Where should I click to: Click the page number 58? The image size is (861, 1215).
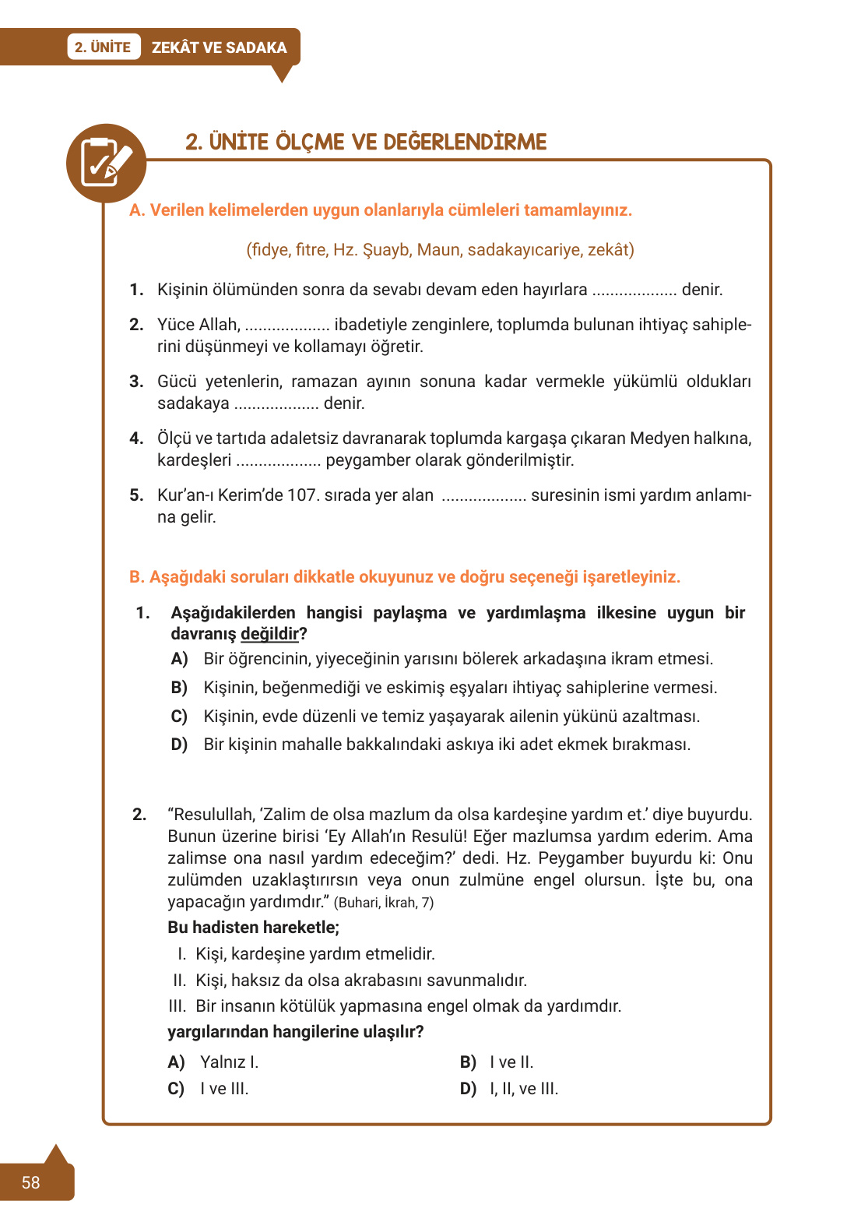click(x=30, y=1182)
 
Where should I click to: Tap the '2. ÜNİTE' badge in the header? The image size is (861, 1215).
click(x=103, y=48)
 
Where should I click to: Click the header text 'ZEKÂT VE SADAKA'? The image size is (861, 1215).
click(x=219, y=48)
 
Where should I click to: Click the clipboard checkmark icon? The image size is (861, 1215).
click(x=106, y=163)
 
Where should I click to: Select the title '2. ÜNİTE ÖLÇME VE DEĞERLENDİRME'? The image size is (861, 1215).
click(x=366, y=142)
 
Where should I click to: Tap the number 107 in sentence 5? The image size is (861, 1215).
click(x=302, y=495)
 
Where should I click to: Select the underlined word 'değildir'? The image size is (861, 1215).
click(x=269, y=634)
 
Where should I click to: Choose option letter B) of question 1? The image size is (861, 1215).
click(x=179, y=688)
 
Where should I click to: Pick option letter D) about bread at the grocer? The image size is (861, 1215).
click(x=179, y=745)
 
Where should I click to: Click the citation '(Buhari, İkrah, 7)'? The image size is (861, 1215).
click(x=384, y=903)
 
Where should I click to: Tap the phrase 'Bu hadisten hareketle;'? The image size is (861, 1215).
click(x=253, y=928)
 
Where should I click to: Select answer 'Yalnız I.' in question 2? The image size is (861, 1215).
click(x=229, y=1062)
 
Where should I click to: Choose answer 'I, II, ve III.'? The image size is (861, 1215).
click(x=523, y=1089)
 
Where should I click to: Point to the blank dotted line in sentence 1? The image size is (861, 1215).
click(x=634, y=291)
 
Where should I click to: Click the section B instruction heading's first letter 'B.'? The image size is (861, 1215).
click(x=137, y=577)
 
